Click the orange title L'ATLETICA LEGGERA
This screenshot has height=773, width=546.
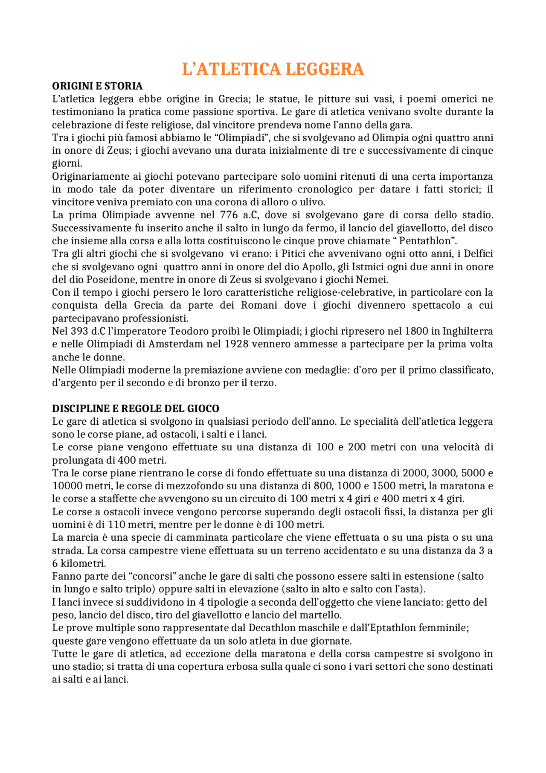(x=273, y=69)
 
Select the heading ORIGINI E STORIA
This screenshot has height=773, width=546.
(x=97, y=86)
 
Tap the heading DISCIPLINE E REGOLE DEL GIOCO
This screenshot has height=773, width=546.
(x=136, y=408)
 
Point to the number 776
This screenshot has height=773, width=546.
(x=229, y=215)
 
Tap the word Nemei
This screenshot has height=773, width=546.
(x=375, y=280)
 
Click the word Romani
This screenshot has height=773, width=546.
(x=259, y=305)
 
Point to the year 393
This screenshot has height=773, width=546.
(x=77, y=331)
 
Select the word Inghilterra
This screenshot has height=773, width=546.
(x=468, y=331)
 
